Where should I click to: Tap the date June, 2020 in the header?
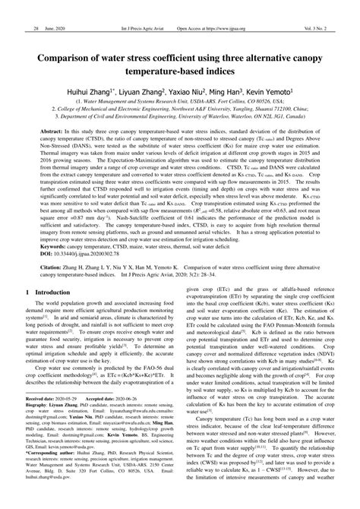[57, 7]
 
